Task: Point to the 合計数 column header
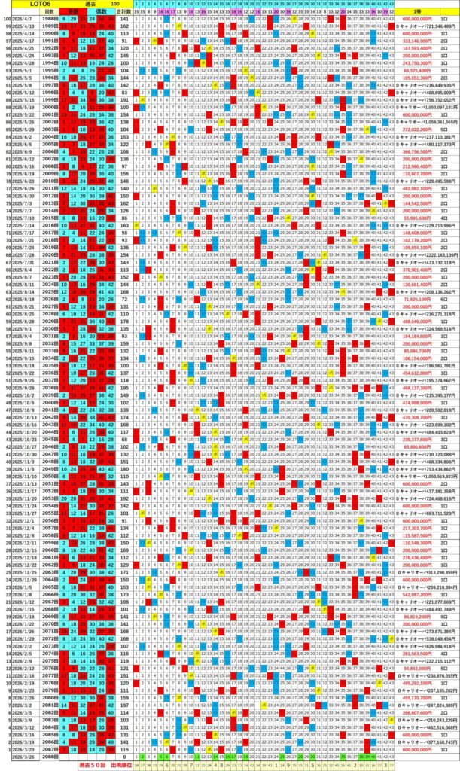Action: pos(124,12)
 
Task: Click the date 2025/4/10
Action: pos(21,26)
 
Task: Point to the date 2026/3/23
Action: pos(21,748)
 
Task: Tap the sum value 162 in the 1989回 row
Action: pos(124,26)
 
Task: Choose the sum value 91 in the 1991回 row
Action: pos(124,41)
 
